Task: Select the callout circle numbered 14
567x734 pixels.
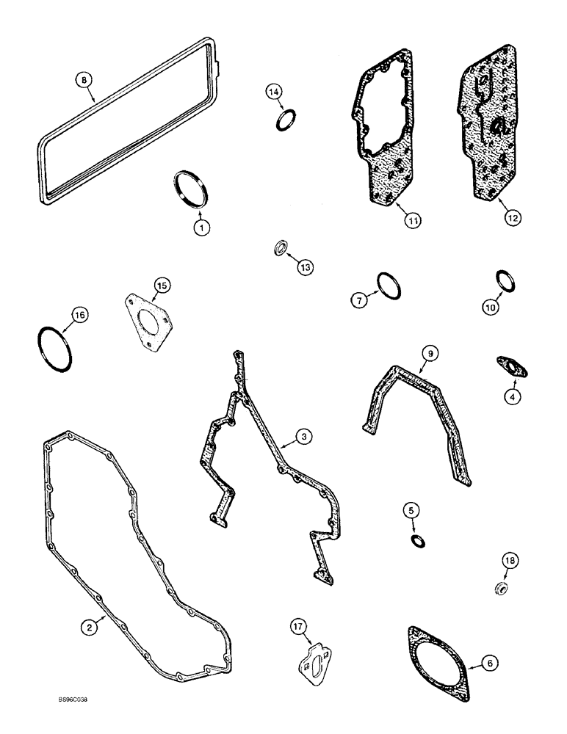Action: (274, 92)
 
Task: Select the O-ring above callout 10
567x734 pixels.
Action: (504, 280)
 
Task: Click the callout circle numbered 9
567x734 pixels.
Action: (432, 354)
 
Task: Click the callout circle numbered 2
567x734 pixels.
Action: (88, 626)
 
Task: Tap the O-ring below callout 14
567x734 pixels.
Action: (286, 120)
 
